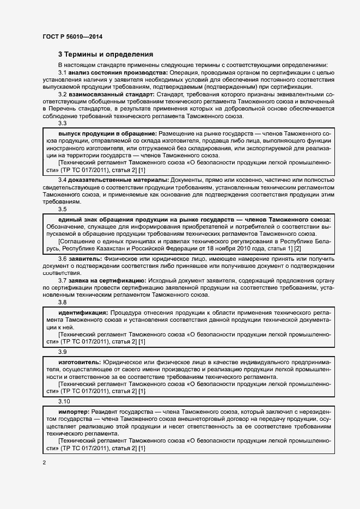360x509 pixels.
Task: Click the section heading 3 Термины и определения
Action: click(106, 54)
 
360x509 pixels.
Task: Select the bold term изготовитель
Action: click(79, 362)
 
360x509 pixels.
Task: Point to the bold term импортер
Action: click(74, 410)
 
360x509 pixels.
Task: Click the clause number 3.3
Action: click(62, 123)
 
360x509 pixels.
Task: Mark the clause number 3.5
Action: click(62, 209)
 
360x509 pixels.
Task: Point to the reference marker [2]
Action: click(298, 248)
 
